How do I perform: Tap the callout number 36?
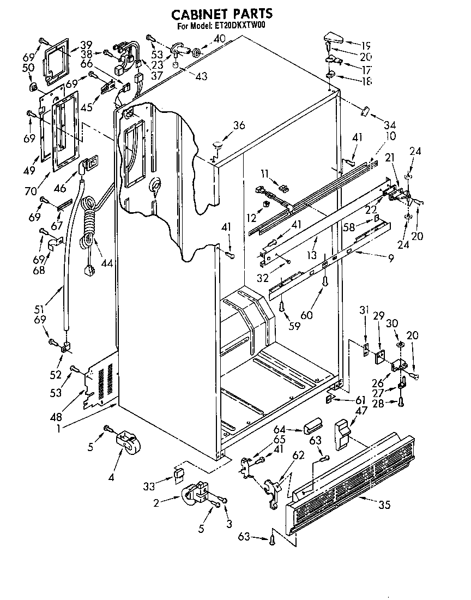pyautogui.click(x=239, y=125)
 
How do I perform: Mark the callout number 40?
pyautogui.click(x=219, y=38)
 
